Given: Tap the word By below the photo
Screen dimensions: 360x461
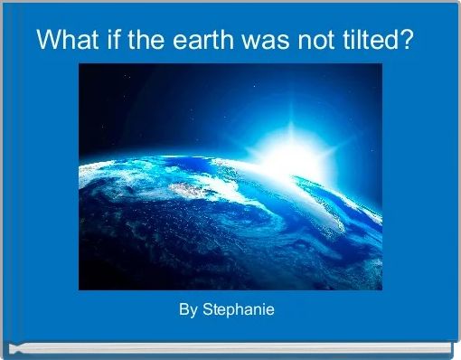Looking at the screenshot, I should pos(188,310).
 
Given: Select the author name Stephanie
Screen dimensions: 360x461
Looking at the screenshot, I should pos(238,310).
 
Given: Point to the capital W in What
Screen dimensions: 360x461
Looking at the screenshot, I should pos(47,41).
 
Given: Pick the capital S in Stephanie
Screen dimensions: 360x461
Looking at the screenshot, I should pos(207,310).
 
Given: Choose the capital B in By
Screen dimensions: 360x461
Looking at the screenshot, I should pos(183,310).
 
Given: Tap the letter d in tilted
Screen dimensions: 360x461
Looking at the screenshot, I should pos(390,41).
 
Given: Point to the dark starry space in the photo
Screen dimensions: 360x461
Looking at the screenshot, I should pos(136,99).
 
